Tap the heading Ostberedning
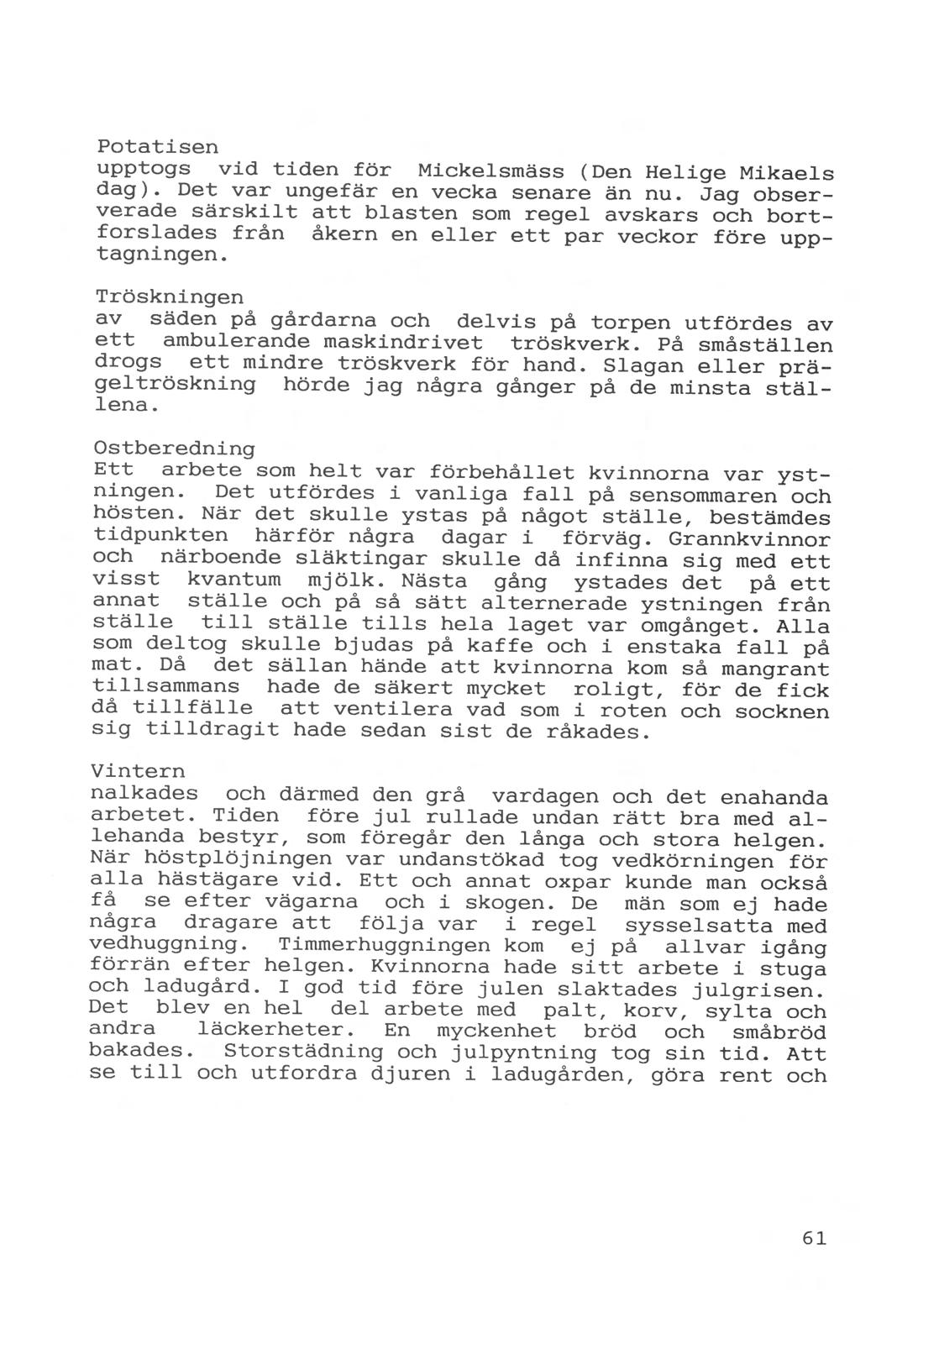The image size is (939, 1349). tap(175, 448)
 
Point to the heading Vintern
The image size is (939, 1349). tap(137, 770)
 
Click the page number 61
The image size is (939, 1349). tap(814, 1238)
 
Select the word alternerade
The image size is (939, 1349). tap(554, 604)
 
